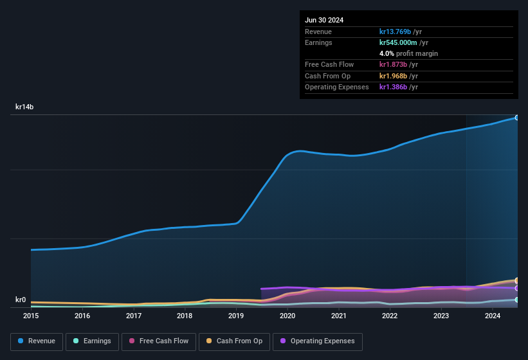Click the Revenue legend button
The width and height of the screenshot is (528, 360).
pos(37,341)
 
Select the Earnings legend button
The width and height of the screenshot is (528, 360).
pos(93,341)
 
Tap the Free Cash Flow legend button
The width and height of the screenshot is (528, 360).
pos(159,341)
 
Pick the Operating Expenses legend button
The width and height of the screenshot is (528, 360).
pos(318,341)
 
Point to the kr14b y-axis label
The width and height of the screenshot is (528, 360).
pos(24,107)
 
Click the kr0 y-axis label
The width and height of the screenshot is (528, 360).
pos(21,300)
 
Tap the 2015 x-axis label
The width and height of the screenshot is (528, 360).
pos(31,316)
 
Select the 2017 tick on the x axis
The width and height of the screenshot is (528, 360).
pos(134,316)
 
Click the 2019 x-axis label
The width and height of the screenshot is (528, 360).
pos(236,316)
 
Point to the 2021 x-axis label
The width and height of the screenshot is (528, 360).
pos(339,316)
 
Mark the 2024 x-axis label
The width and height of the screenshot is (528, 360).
pos(493,316)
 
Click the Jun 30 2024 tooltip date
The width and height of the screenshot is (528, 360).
pos(324,20)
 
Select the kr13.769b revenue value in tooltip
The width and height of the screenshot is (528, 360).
pos(399,32)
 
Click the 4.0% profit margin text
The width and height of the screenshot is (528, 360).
pos(408,53)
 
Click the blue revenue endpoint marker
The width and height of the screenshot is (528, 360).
pos(516,118)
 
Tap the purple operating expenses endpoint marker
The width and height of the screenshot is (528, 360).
pos(516,288)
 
